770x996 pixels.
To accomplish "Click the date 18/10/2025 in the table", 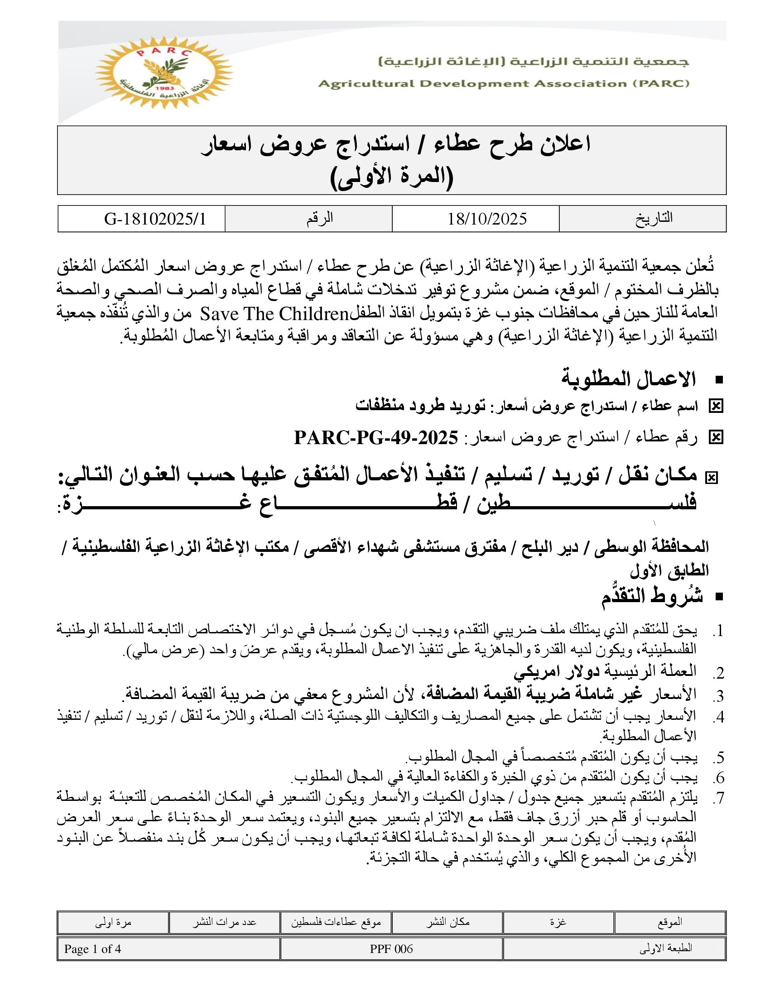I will [x=487, y=219].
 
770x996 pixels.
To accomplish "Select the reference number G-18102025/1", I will [x=155, y=219].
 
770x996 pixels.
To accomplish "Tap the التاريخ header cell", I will [x=654, y=219].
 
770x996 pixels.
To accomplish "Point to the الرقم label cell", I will [x=319, y=219].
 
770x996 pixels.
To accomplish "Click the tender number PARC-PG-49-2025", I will [x=376, y=438].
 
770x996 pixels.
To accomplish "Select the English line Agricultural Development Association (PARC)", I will [x=504, y=83].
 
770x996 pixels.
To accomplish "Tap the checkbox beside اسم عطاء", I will [x=716, y=406].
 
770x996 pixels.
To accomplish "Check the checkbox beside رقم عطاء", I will [x=716, y=438].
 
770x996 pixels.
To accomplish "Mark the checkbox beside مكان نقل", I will [x=711, y=478].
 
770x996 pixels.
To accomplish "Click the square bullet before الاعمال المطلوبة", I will [x=720, y=380].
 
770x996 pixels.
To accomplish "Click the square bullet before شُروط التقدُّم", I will [x=720, y=597].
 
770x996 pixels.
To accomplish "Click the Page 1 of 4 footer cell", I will [x=92, y=949].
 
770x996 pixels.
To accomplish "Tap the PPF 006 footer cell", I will [x=391, y=949].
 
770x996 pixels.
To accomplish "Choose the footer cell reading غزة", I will [x=558, y=923].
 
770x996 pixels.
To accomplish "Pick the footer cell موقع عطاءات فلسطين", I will [x=336, y=923].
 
